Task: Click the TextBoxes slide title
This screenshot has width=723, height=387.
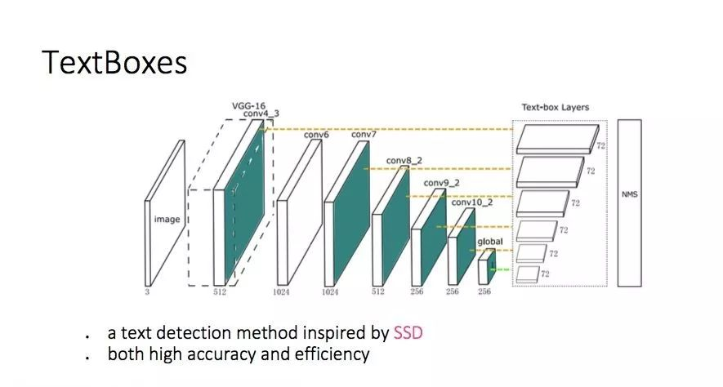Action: (114, 63)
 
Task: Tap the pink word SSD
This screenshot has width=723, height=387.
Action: (408, 332)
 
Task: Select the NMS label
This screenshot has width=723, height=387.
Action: (629, 194)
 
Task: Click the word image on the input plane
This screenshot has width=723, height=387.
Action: (167, 220)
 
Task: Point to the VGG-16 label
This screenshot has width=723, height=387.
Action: (248, 106)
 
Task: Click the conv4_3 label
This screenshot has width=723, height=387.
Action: (261, 113)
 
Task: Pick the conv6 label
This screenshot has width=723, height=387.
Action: (316, 135)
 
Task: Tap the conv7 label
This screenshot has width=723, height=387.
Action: (364, 135)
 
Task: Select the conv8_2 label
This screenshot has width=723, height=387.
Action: (404, 161)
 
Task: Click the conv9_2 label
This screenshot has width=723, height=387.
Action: (441, 184)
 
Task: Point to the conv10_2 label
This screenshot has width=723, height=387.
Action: (472, 202)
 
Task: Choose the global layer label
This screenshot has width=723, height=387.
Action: (490, 242)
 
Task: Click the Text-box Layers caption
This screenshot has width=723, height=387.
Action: (556, 107)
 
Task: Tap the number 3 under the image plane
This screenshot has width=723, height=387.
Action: (148, 291)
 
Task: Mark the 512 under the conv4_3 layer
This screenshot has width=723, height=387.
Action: (220, 291)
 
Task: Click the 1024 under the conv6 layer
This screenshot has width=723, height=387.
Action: (281, 291)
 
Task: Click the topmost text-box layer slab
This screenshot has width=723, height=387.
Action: (557, 139)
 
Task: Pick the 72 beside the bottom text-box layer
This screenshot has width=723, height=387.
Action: (545, 274)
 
